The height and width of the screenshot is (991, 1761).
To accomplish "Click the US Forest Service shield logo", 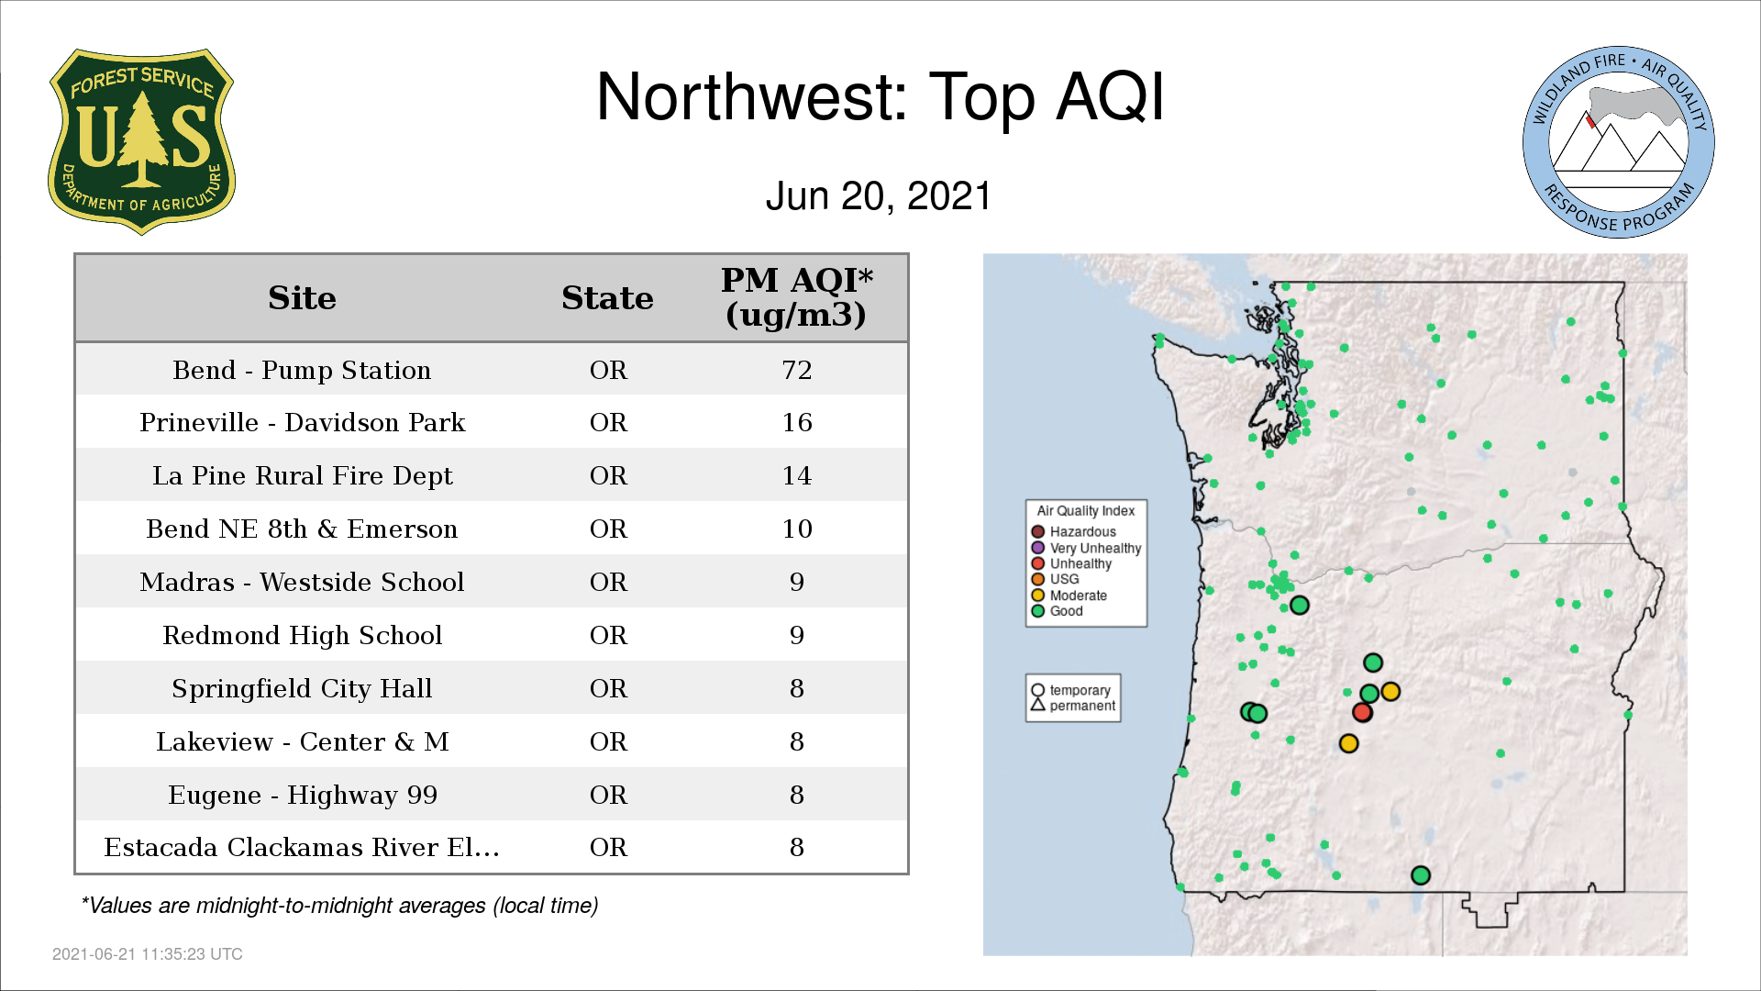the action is (x=141, y=141).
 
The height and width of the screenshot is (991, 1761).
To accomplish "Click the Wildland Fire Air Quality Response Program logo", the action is (x=1619, y=142).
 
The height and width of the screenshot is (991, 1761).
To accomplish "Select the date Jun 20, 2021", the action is (x=879, y=196).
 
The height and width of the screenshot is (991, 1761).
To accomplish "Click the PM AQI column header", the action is (x=796, y=297).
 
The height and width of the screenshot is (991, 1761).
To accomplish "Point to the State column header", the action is (x=607, y=298).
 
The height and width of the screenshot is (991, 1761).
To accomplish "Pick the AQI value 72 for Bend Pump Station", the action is (x=797, y=370).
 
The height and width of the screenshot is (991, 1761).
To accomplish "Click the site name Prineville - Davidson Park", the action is (x=303, y=422).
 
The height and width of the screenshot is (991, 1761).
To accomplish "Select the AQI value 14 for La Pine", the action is (x=797, y=475).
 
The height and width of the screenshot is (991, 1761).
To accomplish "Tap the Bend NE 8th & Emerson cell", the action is (x=302, y=529).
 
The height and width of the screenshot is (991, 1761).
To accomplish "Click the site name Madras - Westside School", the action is (x=302, y=582).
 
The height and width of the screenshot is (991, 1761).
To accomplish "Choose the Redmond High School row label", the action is (x=303, y=635).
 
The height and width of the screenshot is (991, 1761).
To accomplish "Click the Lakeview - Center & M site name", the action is (x=303, y=741).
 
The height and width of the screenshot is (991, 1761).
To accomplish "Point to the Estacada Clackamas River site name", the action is (x=302, y=847).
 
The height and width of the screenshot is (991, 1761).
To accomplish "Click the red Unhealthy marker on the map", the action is (x=1362, y=712).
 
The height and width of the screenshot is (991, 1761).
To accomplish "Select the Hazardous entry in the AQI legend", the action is (x=1074, y=532).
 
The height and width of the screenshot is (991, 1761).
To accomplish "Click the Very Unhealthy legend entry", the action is (x=1087, y=548).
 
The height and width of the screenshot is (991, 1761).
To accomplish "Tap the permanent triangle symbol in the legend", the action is (x=1038, y=705).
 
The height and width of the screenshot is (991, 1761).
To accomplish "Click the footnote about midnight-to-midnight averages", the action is (x=339, y=906).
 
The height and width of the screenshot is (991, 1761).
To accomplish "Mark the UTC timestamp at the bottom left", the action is (x=148, y=954).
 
